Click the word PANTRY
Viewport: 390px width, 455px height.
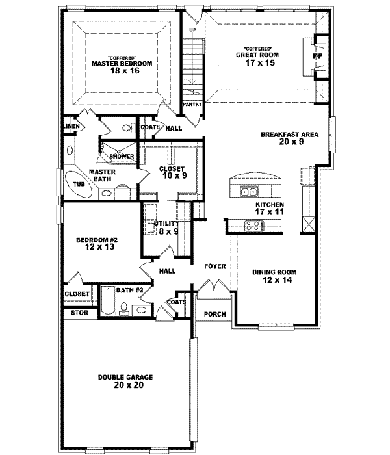(x=192, y=103)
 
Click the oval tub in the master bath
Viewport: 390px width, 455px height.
(x=79, y=184)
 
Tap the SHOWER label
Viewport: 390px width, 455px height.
(x=122, y=156)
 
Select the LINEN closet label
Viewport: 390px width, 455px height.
(x=71, y=125)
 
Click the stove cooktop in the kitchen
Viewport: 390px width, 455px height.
(x=253, y=226)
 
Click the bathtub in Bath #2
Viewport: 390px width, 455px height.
(x=108, y=304)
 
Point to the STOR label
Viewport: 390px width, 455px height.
(x=77, y=313)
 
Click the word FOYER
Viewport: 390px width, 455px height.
(x=214, y=266)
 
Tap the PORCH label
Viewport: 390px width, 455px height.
(x=214, y=314)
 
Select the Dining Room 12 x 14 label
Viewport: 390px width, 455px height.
(x=274, y=276)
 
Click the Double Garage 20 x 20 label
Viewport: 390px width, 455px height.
(x=121, y=381)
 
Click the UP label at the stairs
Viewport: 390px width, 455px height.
(x=192, y=30)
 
